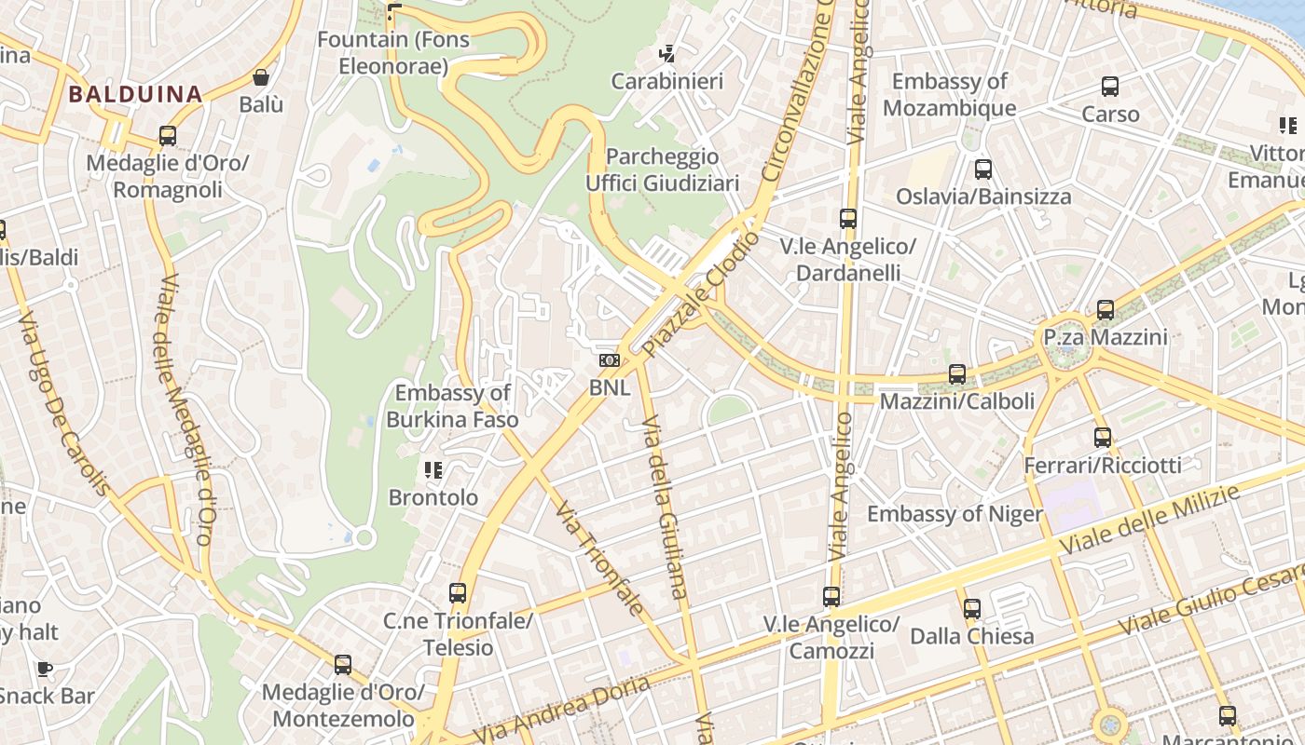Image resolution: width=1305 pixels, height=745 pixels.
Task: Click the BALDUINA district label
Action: (135, 94)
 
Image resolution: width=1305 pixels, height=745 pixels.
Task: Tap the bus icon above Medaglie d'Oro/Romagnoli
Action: (168, 136)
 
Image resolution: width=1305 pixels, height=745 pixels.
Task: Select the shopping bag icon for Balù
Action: (261, 77)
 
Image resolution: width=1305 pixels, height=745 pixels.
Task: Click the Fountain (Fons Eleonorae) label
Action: (393, 53)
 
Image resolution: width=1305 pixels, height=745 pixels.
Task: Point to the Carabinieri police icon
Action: (667, 54)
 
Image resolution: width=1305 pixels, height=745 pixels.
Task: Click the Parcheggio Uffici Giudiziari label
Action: (662, 169)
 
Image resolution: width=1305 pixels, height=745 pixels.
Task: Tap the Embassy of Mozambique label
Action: (949, 94)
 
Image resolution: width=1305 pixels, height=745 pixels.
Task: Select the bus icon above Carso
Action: (1110, 87)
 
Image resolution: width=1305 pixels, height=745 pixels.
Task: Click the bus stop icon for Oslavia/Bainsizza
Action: (983, 169)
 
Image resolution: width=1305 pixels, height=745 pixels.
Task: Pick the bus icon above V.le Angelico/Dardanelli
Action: (848, 219)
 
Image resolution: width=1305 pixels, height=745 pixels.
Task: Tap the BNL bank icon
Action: (610, 359)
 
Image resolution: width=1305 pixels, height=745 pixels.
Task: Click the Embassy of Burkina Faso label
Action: (452, 406)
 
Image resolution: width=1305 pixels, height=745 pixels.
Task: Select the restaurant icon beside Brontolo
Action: (433, 470)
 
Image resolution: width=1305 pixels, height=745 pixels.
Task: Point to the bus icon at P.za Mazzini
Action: (1106, 309)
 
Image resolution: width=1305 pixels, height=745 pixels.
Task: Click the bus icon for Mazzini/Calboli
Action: (957, 374)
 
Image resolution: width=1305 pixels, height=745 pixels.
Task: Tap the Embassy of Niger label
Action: (955, 514)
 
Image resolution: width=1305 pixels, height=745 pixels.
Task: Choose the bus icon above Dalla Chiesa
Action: (972, 609)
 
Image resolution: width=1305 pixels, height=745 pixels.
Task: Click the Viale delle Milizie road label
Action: (1154, 518)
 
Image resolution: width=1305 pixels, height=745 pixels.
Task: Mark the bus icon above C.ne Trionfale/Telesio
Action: (458, 593)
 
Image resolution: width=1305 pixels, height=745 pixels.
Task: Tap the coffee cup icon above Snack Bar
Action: (44, 669)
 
